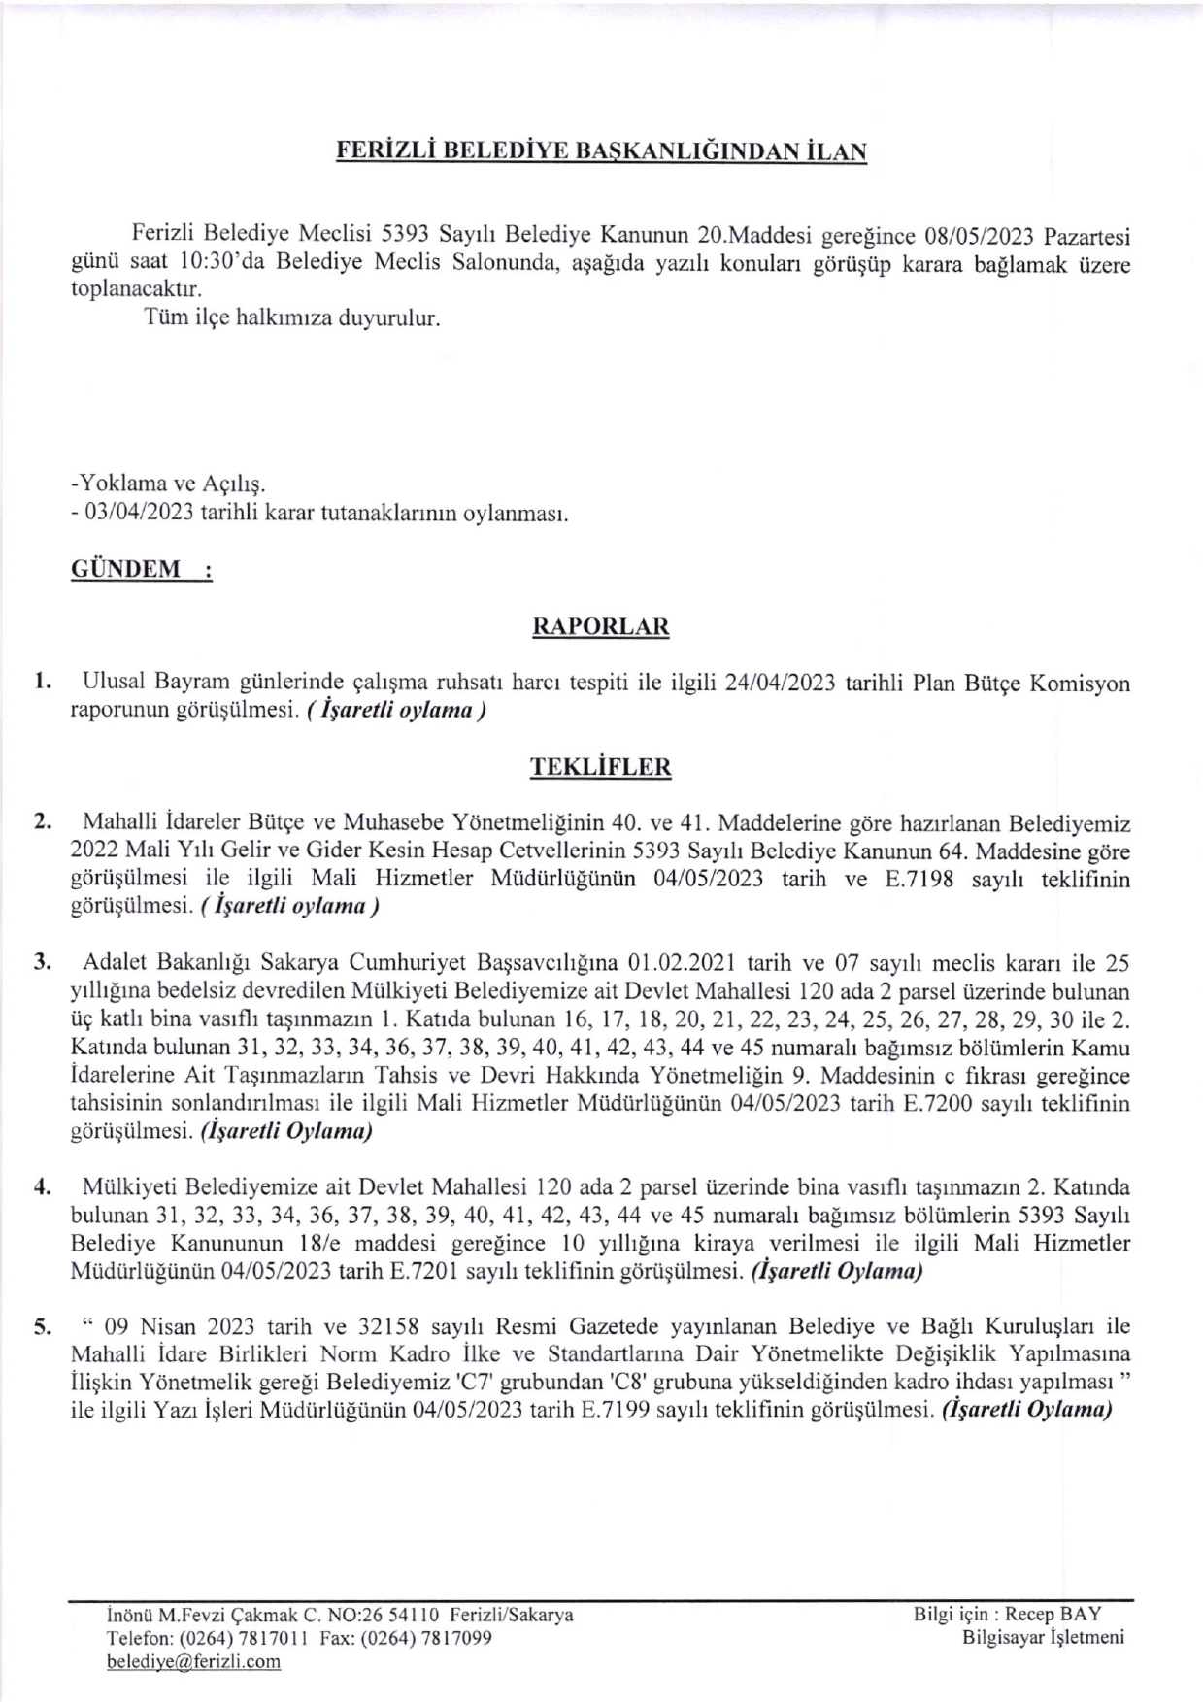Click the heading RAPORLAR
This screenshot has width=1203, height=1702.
pos(601,626)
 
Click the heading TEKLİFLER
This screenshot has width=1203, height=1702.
pos(601,767)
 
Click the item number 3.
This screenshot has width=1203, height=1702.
pos(41,963)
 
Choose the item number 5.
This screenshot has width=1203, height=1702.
pos(41,1327)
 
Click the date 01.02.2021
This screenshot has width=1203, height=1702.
pos(685,963)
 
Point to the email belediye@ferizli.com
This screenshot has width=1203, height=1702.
pos(194,1661)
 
